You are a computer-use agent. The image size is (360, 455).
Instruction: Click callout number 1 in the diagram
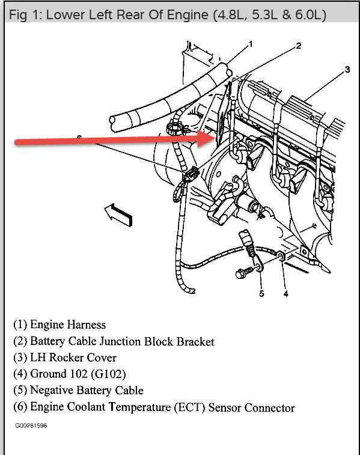point(251,44)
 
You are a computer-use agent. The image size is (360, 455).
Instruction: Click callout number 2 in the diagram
point(299,46)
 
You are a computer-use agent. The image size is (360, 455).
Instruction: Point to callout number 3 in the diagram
point(347,70)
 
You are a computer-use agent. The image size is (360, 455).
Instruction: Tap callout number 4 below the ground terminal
point(286,294)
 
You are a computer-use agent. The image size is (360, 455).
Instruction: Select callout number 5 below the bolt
point(261,294)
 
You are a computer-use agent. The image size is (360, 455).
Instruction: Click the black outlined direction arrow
point(118,215)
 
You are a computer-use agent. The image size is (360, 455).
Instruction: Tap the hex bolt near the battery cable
point(244,272)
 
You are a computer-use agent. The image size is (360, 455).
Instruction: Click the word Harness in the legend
point(87,325)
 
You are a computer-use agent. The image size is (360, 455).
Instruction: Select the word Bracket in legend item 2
point(195,341)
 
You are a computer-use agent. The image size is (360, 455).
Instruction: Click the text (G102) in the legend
point(109,374)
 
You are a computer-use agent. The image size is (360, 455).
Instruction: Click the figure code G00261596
point(31,426)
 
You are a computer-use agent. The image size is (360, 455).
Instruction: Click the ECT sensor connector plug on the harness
point(192,174)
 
